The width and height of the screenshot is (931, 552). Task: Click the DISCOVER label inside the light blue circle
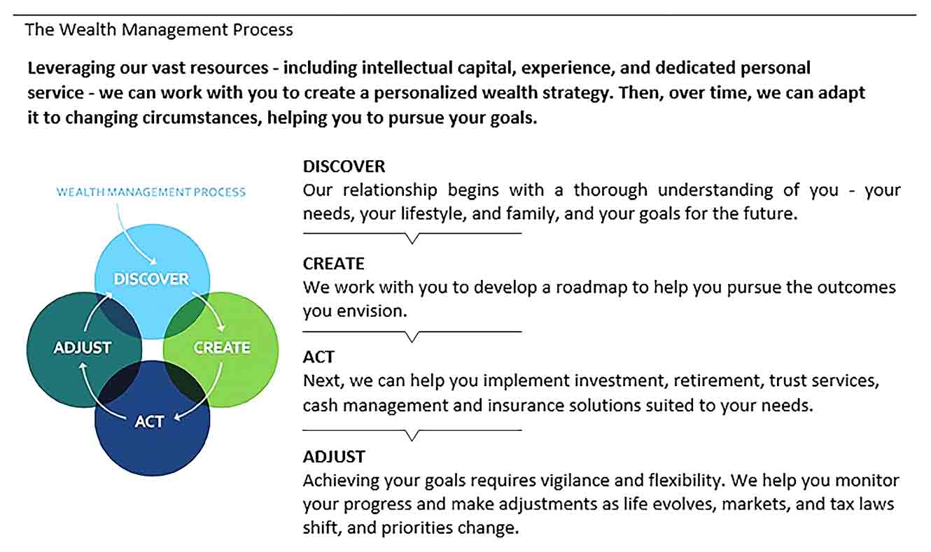[x=151, y=279]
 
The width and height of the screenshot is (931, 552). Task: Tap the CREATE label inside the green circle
[x=222, y=348]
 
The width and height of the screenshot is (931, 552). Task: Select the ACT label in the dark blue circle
[x=149, y=422]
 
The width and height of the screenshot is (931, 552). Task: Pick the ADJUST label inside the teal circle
[x=83, y=348]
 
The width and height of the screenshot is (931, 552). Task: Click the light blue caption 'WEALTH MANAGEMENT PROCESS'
[x=151, y=192]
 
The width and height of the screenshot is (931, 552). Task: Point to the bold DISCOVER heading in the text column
[x=344, y=167]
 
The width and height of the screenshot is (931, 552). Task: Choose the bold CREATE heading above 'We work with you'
[x=333, y=264]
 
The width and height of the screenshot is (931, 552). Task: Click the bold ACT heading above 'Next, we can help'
[x=318, y=358]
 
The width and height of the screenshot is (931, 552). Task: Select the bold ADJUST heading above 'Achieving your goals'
[x=334, y=457]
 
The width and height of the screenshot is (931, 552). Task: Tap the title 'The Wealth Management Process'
[x=159, y=30]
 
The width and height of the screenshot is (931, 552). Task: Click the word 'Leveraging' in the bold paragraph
[x=71, y=69]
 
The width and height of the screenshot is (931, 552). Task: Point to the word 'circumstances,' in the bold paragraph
[x=202, y=118]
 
